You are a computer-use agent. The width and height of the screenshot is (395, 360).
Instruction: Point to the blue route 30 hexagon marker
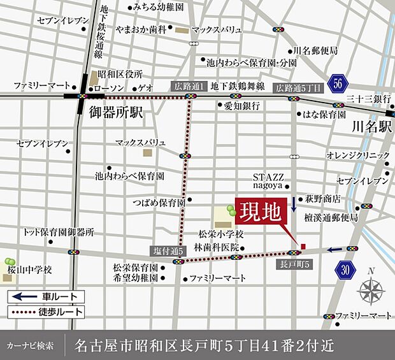pos(345,270)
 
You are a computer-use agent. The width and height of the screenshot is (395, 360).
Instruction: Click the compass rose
pos(370,291)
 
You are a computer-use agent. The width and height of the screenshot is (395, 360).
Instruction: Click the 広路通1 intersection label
pos(189,85)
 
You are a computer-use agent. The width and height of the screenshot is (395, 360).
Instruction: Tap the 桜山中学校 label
pos(30,270)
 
